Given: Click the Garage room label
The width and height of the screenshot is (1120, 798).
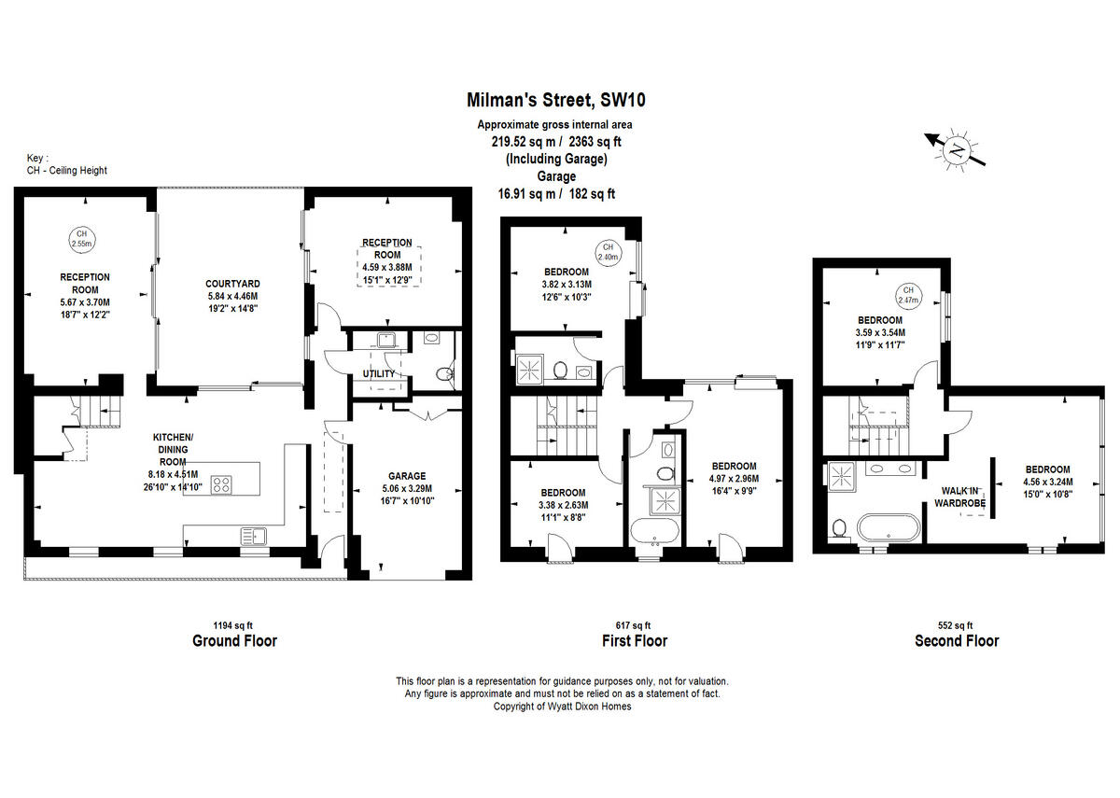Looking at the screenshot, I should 406,475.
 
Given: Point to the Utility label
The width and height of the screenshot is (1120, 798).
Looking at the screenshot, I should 379,373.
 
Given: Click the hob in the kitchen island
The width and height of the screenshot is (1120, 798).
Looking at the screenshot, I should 223,483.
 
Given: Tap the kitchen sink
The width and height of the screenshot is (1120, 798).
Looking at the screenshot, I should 254,536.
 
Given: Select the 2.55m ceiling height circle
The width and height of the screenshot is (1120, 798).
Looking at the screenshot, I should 81,238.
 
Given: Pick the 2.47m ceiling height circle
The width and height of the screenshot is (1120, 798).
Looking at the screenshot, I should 908,296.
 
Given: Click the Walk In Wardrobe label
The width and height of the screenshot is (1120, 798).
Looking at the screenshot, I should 960,497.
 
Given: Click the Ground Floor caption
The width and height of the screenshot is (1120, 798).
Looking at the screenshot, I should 234,640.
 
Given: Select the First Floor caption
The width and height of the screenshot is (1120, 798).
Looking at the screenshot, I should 635,640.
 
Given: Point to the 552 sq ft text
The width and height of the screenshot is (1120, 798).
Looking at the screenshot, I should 956,625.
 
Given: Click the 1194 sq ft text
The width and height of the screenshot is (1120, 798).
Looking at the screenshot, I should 234,625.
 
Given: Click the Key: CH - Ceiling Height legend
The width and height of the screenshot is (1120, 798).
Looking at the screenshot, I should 66,164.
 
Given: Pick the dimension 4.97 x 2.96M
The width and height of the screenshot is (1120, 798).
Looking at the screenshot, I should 734,479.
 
